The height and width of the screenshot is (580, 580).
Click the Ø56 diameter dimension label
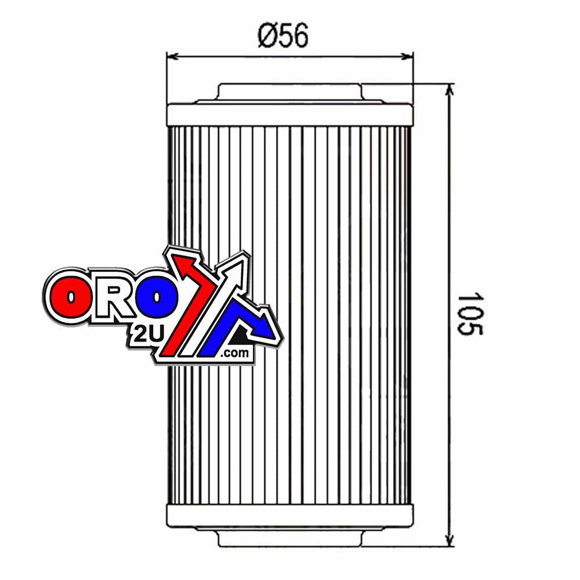pos(283,37)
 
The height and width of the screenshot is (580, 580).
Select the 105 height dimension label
pos(469,313)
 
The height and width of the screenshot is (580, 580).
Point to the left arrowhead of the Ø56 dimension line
pos(171,56)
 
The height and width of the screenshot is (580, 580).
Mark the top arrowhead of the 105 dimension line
pos(451,89)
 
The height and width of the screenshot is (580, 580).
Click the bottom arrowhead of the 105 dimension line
pos(451,542)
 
